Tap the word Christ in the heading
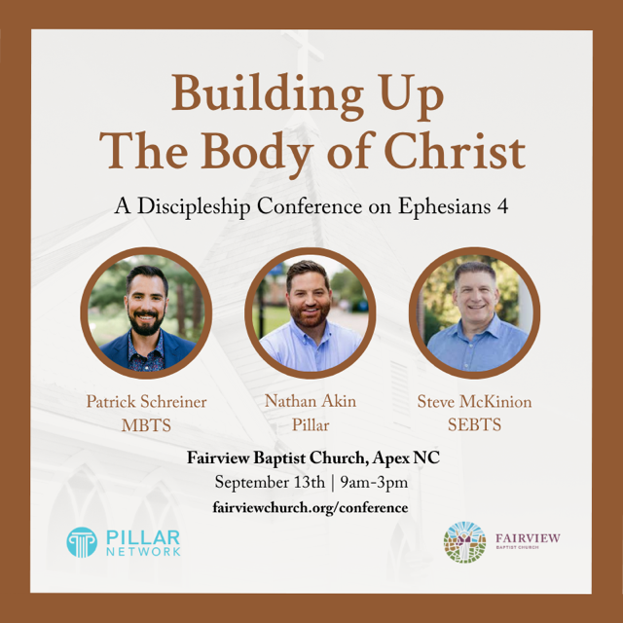pos(455,152)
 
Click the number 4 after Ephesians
pos(502,206)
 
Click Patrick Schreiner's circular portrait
pos(146,312)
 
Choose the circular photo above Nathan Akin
pos(311,312)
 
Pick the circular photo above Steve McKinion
pos(474,312)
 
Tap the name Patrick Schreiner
pos(146,402)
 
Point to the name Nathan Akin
pos(311,401)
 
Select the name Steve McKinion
pos(474,402)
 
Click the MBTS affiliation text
pos(146,425)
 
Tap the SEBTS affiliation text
pos(474,425)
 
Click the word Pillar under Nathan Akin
pos(311,425)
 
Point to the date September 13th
pos(270,483)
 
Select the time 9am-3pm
pos(374,483)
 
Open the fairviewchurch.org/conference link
pos(311,508)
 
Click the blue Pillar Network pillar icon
pos(82,542)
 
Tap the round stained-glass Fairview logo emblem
pos(464,542)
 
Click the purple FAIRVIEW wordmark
pos(528,538)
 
